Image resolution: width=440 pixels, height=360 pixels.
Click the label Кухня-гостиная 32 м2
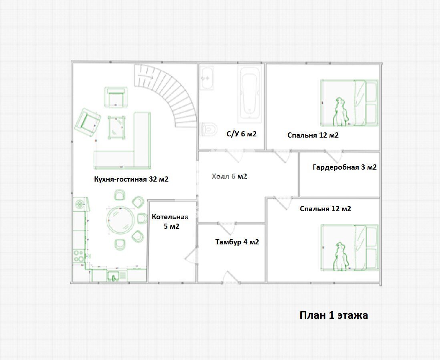pyautogui.click(x=131, y=179)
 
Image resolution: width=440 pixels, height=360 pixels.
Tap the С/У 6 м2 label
pyautogui.click(x=241, y=134)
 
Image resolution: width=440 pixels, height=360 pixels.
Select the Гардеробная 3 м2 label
pyautogui.click(x=345, y=167)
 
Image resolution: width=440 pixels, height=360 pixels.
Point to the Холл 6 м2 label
pyautogui.click(x=229, y=176)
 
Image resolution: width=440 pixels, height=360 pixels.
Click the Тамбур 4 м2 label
pyautogui.click(x=237, y=242)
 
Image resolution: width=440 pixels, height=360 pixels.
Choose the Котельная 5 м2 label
pyautogui.click(x=170, y=222)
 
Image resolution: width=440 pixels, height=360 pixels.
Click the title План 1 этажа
pyautogui.click(x=334, y=315)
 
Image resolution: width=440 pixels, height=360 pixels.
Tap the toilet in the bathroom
pyautogui.click(x=209, y=129)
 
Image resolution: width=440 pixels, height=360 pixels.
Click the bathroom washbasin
pyautogui.click(x=207, y=78)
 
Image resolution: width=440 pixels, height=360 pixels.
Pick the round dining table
pyautogui.click(x=121, y=220)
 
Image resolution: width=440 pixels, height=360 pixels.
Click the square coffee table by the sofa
pyautogui.click(x=117, y=128)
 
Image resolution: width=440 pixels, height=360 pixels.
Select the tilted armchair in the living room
pyautogui.click(x=88, y=122)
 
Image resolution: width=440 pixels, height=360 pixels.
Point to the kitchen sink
pyautogui.click(x=113, y=276)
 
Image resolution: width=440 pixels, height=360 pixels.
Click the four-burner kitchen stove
pyautogui.click(x=79, y=256)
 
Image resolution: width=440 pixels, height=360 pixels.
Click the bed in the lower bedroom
pyautogui.click(x=350, y=248)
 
